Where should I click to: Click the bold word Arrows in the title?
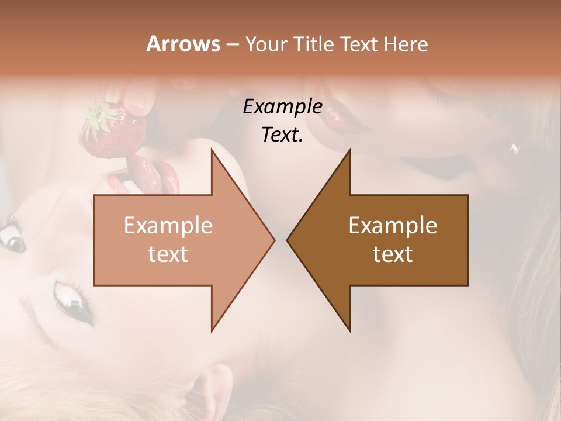tap(183, 44)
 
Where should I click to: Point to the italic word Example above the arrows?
tap(282, 107)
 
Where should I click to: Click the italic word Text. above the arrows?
tap(282, 134)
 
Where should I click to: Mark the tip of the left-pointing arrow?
tap(289, 240)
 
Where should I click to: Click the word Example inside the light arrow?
tap(168, 226)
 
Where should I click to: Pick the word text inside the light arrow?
tap(168, 254)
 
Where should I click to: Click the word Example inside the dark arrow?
tap(393, 226)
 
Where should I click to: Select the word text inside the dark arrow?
tap(393, 254)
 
